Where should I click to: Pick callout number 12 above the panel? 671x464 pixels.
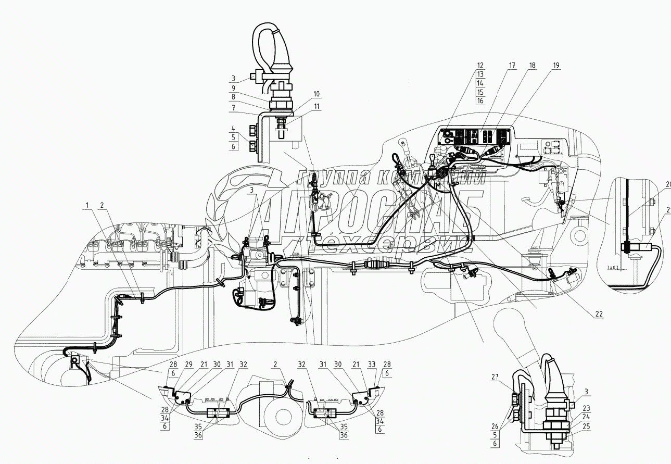click(480, 66)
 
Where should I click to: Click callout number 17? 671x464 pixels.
click(512, 66)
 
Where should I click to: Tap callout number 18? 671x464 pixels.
click(532, 66)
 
